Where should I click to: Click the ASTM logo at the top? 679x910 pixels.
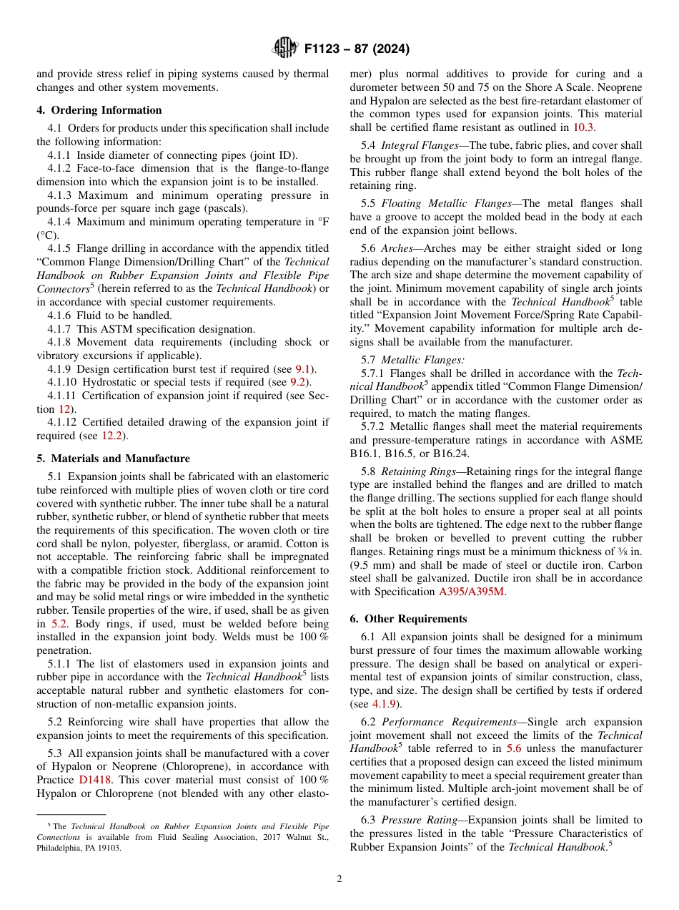pyautogui.click(x=284, y=49)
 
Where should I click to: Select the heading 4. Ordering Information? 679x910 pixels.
pyautogui.click(x=99, y=110)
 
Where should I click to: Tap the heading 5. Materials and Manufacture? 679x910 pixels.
pyautogui.click(x=113, y=459)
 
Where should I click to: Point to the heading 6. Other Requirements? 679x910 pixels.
pyautogui.click(x=408, y=618)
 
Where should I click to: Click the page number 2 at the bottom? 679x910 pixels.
pyautogui.click(x=339, y=879)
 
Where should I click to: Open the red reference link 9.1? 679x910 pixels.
pyautogui.click(x=304, y=369)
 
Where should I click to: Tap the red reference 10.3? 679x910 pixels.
pyautogui.click(x=583, y=127)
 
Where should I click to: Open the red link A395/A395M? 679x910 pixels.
pyautogui.click(x=472, y=592)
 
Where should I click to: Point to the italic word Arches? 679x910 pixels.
pyautogui.click(x=397, y=248)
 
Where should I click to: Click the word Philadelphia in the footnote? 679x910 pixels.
pyautogui.click(x=59, y=848)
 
